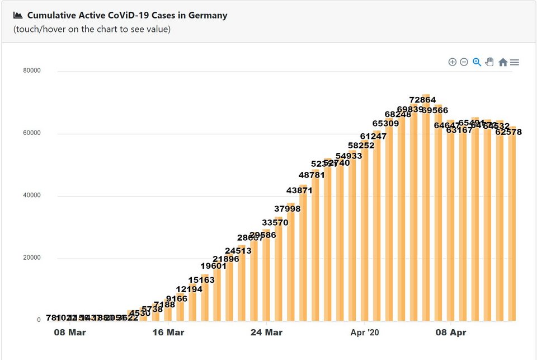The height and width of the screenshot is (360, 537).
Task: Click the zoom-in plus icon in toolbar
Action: [453, 62]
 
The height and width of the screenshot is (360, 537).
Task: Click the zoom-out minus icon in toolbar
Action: [464, 62]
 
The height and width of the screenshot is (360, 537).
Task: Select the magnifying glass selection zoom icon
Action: [477, 62]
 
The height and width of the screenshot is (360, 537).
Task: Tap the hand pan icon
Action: [489, 62]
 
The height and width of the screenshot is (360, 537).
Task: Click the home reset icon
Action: [502, 62]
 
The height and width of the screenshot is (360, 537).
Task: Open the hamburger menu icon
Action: [515, 62]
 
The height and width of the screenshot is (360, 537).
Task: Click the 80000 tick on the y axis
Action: [31, 71]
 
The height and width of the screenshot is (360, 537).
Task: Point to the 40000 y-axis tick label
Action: [31, 196]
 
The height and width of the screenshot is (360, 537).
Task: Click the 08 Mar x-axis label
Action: [70, 333]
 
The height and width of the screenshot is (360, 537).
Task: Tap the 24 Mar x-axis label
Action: [266, 333]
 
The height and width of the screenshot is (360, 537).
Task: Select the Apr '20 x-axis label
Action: [364, 333]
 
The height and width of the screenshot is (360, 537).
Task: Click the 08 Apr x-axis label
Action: [450, 333]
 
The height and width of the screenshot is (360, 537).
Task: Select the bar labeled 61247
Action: [377, 224]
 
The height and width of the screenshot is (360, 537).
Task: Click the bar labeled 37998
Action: [291, 263]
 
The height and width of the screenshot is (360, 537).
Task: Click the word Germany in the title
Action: [207, 15]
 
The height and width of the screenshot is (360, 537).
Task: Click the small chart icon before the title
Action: [18, 15]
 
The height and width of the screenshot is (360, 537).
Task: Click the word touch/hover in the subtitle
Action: [40, 29]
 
